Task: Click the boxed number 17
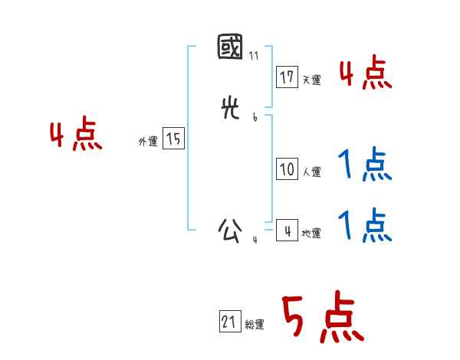coord(287,77)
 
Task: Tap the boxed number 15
coord(173,139)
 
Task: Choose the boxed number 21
coord(229,322)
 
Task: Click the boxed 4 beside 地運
coord(287,231)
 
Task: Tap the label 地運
coord(311,233)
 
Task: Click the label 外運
coord(148,141)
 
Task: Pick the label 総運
coord(255,325)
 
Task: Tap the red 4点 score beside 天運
coord(365,74)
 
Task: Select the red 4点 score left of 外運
coord(76,136)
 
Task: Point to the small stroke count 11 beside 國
coord(254,56)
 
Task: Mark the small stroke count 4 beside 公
coord(255,240)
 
